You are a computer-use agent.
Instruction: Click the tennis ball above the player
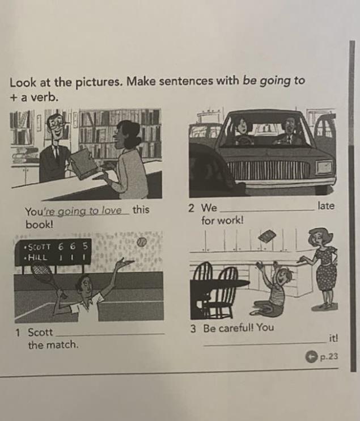click(x=141, y=242)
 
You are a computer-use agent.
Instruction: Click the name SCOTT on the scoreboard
click(x=40, y=247)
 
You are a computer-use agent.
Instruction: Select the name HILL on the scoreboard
click(x=37, y=258)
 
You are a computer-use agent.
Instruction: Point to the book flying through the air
click(x=267, y=237)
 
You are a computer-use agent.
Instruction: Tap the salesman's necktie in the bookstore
click(x=56, y=152)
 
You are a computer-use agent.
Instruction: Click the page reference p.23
click(x=329, y=356)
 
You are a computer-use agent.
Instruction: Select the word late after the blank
click(x=326, y=205)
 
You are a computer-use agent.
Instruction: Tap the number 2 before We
click(x=191, y=208)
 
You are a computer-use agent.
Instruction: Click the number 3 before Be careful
click(x=193, y=329)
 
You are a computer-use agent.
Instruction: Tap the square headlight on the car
click(x=324, y=167)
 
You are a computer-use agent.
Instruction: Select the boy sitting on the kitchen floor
click(x=271, y=287)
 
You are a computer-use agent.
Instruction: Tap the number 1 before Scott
click(x=18, y=333)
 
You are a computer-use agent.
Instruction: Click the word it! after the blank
click(x=333, y=338)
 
